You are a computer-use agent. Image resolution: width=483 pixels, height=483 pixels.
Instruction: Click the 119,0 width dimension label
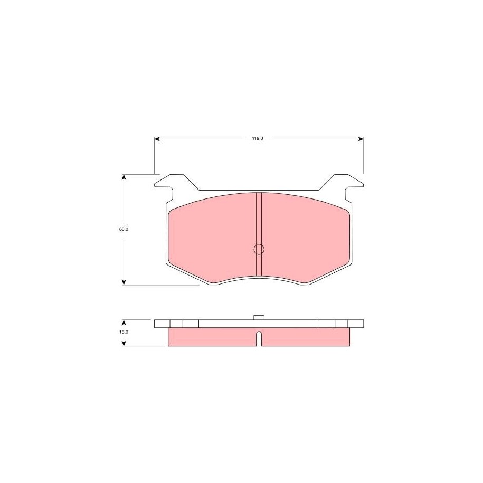click(x=258, y=139)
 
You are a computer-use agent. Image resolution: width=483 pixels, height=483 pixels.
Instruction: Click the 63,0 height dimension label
click(x=124, y=229)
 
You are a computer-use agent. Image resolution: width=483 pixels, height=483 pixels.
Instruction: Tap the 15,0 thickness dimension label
click(x=124, y=332)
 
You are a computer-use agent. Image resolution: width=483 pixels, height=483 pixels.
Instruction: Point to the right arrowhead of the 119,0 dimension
click(x=361, y=139)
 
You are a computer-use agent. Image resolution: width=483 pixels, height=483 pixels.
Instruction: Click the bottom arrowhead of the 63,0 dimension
click(x=124, y=282)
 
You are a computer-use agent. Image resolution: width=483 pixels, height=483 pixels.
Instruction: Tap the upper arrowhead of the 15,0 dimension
click(x=124, y=323)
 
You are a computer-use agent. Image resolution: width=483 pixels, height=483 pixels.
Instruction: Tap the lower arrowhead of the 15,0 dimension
click(x=124, y=343)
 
